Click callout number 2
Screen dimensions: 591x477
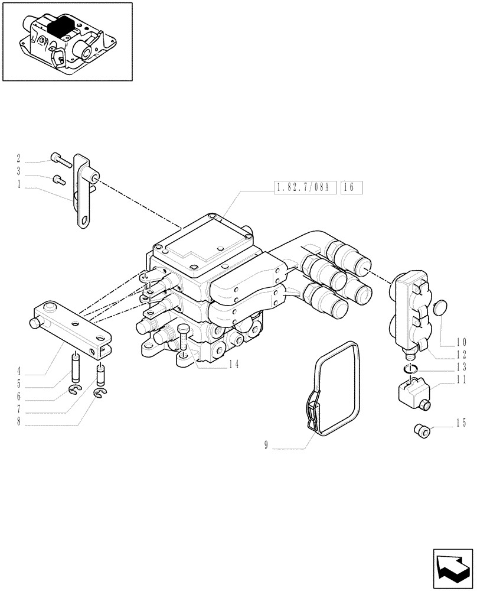19,158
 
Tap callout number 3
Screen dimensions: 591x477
19,171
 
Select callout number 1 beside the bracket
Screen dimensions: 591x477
19,184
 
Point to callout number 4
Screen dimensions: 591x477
19,372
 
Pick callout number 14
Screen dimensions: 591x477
234,365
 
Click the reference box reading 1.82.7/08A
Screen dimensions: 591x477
305,189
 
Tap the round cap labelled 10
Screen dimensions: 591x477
440,309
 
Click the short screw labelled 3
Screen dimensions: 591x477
57,179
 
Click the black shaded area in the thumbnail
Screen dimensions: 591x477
62,27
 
